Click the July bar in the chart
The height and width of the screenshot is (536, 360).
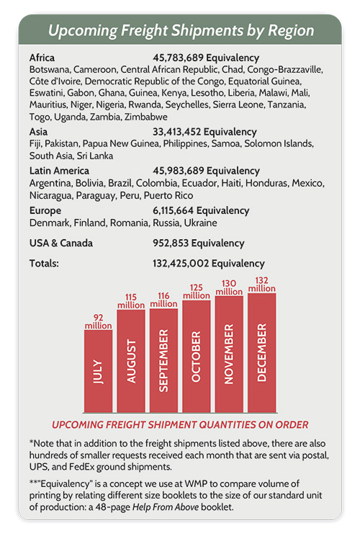coord(98,371)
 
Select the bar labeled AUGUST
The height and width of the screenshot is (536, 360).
coord(131,361)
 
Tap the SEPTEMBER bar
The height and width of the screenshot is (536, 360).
coord(163,360)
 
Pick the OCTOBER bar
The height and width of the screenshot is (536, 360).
coord(197,356)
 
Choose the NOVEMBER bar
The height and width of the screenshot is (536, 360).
coord(229,354)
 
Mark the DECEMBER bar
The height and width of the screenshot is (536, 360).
coord(262,353)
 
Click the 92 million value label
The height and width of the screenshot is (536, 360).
coord(99,321)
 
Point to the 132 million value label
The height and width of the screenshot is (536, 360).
coord(262,285)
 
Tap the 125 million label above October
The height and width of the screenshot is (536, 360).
coord(197,292)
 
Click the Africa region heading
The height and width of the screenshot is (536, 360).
coord(42,58)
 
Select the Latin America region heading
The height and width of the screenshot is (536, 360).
coord(59,171)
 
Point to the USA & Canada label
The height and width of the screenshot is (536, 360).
coord(61,243)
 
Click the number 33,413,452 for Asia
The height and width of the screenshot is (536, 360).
coord(176,132)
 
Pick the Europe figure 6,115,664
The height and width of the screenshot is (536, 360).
coord(174,210)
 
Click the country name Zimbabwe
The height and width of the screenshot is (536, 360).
coord(146,117)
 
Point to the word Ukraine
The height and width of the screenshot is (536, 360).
coord(200,223)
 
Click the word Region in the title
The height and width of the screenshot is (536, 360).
coord(291,31)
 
